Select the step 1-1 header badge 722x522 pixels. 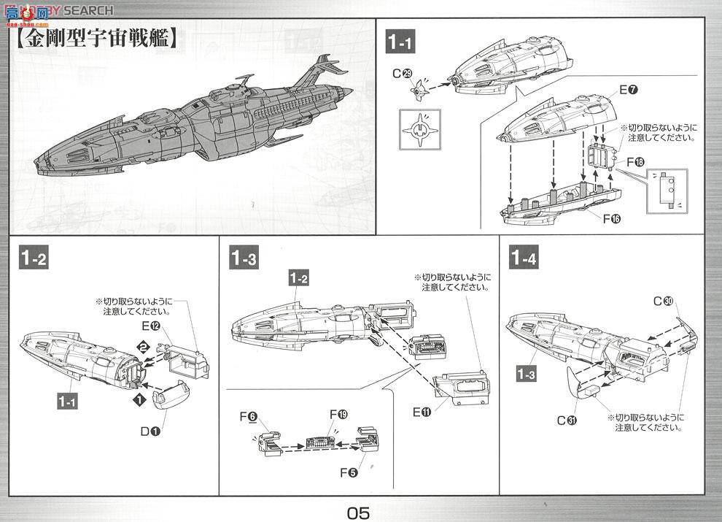pos(400,43)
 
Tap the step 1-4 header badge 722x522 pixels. pos(524,258)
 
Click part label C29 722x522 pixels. pos(403,73)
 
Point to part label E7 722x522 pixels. pos(628,90)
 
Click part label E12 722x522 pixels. pos(150,326)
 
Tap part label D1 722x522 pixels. pos(152,431)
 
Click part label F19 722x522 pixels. pos(338,415)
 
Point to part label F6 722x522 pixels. pos(248,417)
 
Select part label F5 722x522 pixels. pos(349,472)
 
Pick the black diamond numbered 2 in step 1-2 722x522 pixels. pos(144,346)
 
